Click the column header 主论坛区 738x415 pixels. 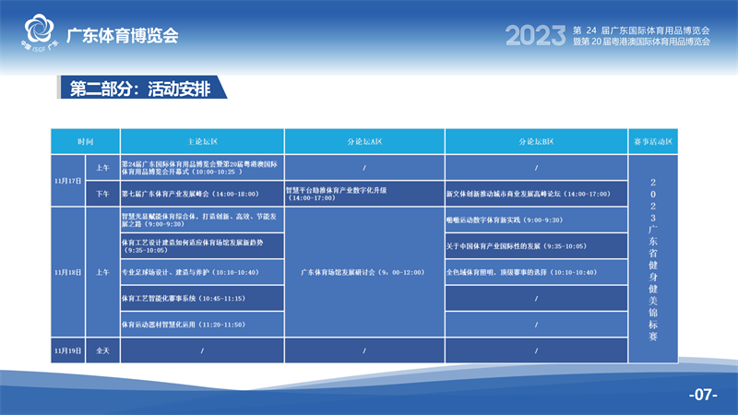pos(201,142)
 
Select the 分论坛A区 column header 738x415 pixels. pos(364,142)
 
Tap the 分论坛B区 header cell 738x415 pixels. pos(536,142)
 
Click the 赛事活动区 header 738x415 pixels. pos(653,142)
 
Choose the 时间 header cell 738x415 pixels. pos(86,142)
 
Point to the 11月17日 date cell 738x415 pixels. pos(69,181)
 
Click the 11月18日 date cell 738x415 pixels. pos(69,272)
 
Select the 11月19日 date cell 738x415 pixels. pos(69,350)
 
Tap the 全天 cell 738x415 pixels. pos(102,350)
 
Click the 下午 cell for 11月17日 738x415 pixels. pos(102,194)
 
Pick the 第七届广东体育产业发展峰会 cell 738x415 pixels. pos(201,194)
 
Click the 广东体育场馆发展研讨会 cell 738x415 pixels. pos(364,272)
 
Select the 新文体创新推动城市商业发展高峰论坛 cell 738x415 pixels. pos(536,194)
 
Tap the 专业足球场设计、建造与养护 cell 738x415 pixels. pos(201,272)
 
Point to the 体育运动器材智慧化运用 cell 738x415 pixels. pos(201,325)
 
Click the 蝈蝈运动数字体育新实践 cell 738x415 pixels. pos(536,220)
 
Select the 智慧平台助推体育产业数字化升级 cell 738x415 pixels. pos(364,194)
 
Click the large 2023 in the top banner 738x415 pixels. pos(535,36)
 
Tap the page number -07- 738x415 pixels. pos(703,395)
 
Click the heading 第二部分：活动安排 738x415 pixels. pos(138,89)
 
